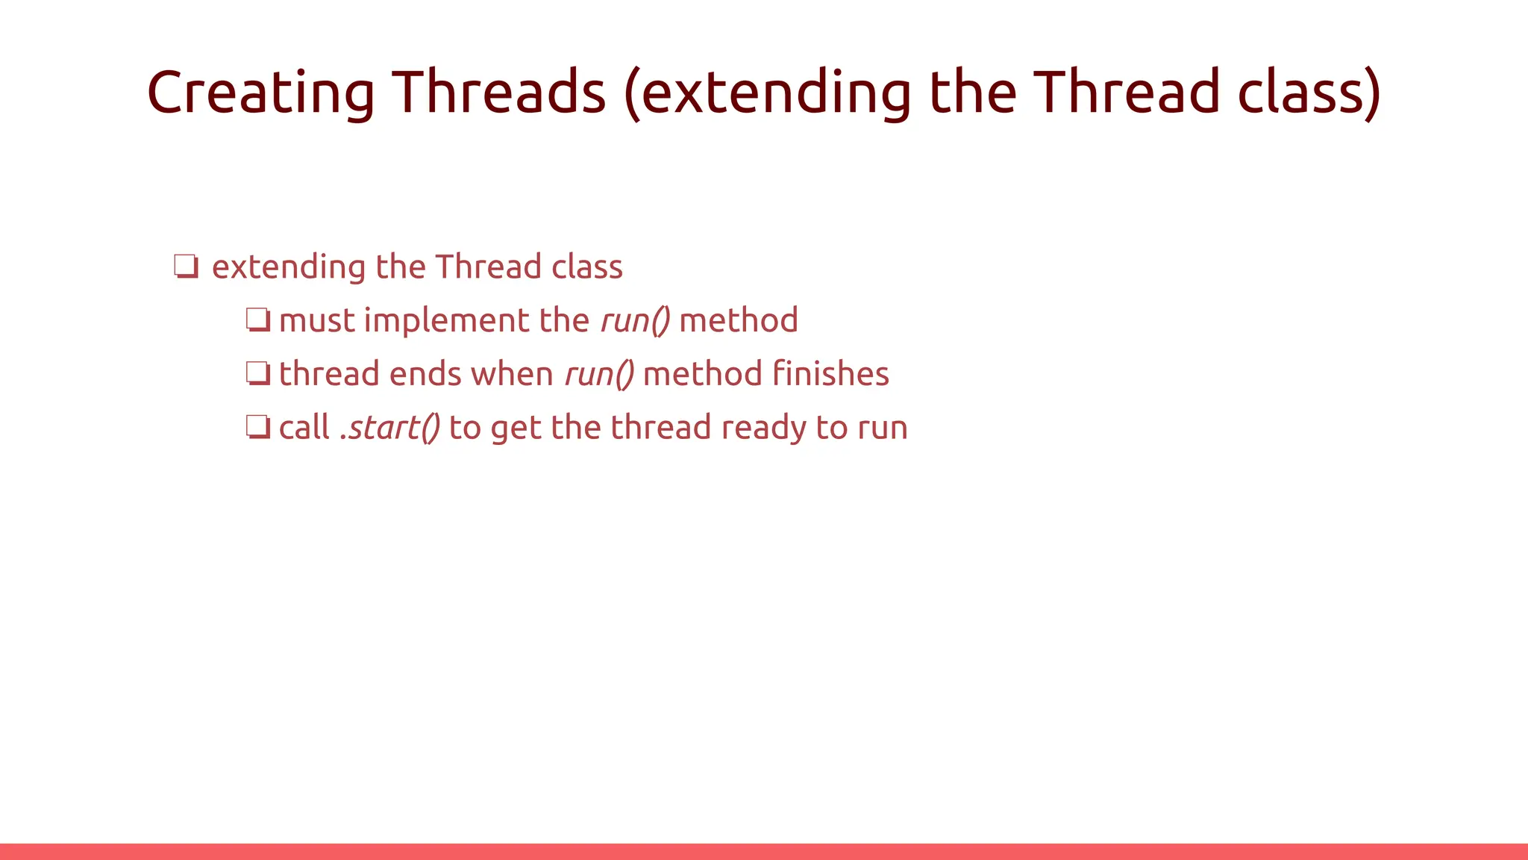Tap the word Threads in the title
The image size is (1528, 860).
[499, 93]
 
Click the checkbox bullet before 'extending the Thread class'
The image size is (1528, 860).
[186, 267]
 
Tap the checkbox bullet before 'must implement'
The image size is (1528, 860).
[257, 320]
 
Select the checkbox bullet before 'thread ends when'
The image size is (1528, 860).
[257, 373]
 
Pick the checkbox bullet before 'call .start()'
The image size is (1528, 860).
[257, 427]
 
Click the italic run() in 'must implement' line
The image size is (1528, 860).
[635, 321]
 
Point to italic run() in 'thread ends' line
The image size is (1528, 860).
[599, 374]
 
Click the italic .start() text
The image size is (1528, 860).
[389, 428]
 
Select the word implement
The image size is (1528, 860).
[446, 321]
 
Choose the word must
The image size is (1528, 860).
[316, 321]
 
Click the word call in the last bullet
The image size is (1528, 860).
[304, 428]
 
